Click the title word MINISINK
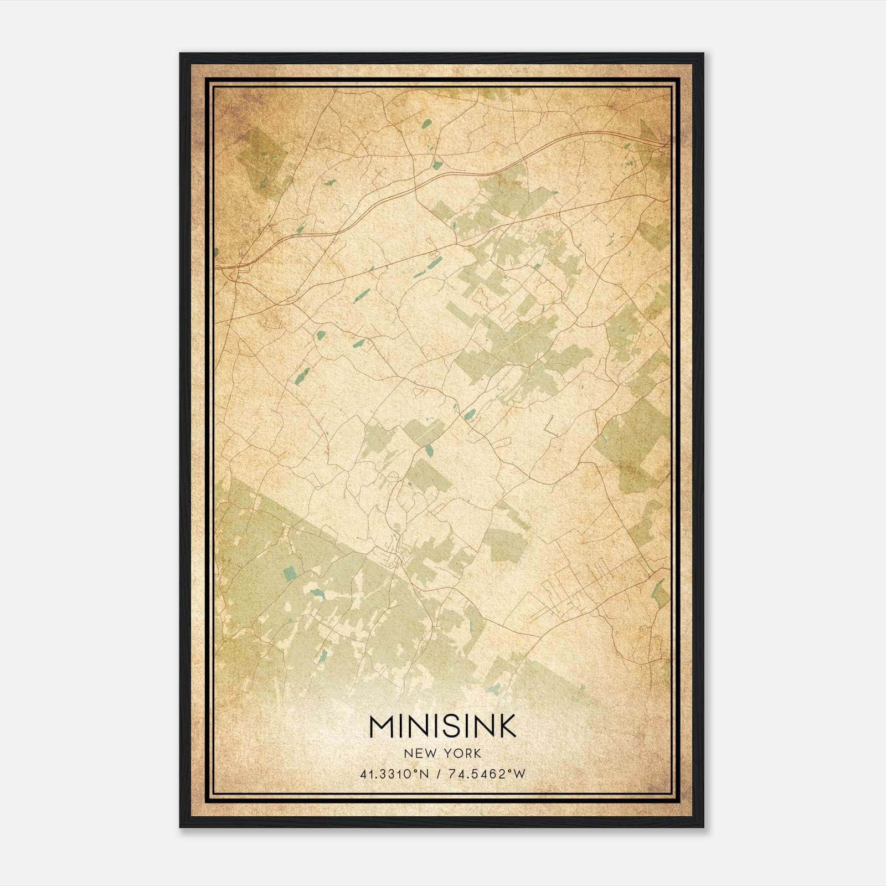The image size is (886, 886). click(x=442, y=726)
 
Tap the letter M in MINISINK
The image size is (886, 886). click(x=382, y=726)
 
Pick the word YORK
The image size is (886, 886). click(x=461, y=753)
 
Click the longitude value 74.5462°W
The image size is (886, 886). click(x=490, y=774)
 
